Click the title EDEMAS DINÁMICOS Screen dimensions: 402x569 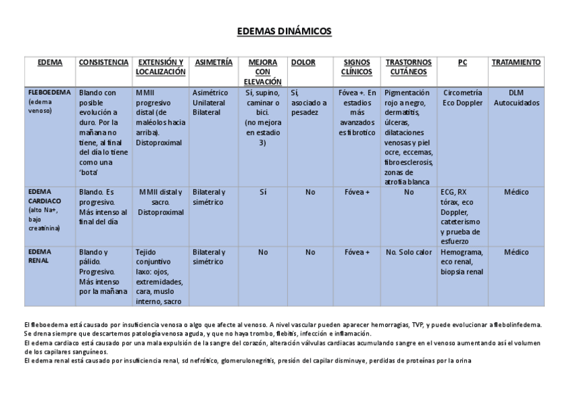pyautogui.click(x=284, y=32)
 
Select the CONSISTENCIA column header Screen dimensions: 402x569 pyautogui.click(x=103, y=62)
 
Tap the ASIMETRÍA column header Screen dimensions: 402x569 pyautogui.click(x=213, y=62)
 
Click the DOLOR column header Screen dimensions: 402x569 pyautogui.click(x=303, y=62)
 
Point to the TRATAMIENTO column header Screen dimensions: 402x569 pyautogui.click(x=516, y=62)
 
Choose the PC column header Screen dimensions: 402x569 pyautogui.click(x=462, y=62)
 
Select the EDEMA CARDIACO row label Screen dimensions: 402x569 pyautogui.click(x=45, y=196)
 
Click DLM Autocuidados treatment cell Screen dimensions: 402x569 pyautogui.click(x=515, y=98)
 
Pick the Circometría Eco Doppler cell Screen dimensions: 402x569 pyautogui.click(x=462, y=98)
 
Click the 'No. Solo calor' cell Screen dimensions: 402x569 pyautogui.click(x=409, y=252)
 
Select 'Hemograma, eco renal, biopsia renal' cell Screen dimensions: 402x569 pyautogui.click(x=462, y=262)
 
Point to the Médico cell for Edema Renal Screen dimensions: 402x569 pyautogui.click(x=516, y=252)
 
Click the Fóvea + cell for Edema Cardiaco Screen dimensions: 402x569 pyautogui.click(x=357, y=192)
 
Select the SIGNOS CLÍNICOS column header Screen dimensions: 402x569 pyautogui.click(x=357, y=67)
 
